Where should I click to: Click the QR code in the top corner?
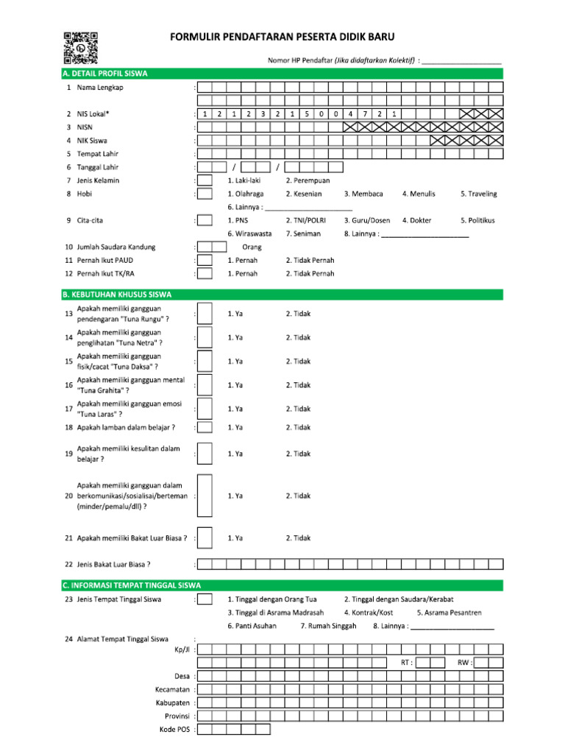tap(80, 47)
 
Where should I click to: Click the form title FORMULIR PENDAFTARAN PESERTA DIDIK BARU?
tap(282, 36)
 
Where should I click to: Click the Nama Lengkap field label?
tap(100, 88)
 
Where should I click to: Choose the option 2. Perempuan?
tap(308, 180)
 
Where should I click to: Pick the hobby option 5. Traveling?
tap(478, 194)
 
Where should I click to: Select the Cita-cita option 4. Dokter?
tap(416, 220)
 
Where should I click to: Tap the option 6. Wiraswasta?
tap(249, 233)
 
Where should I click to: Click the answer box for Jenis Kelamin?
tap(205, 180)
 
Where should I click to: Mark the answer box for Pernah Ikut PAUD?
tap(205, 260)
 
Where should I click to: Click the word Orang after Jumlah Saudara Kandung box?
tap(252, 247)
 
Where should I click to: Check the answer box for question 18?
tap(205, 427)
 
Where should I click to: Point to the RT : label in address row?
tap(406, 663)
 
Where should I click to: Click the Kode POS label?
tap(174, 729)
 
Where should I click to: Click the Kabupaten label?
tap(174, 702)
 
